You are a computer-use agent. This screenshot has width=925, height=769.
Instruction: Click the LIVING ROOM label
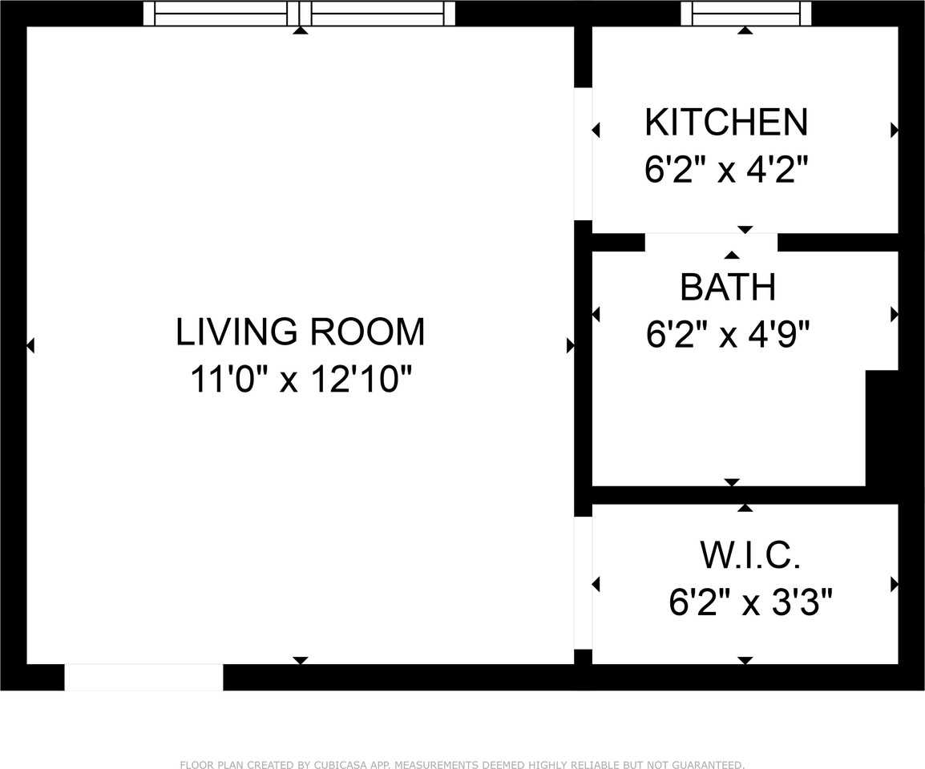tap(301, 332)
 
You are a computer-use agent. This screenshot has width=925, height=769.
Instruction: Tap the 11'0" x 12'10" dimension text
tap(301, 379)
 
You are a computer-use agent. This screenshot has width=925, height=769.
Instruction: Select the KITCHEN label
tap(726, 122)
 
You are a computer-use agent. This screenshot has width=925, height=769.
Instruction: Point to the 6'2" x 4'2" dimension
tap(725, 170)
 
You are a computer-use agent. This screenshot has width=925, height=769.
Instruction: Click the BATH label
tap(728, 288)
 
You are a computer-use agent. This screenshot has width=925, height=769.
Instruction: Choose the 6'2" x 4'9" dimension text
tap(728, 335)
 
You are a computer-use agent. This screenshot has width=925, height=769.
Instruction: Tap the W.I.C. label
tap(750, 555)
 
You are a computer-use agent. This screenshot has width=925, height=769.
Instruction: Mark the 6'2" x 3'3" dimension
tap(750, 602)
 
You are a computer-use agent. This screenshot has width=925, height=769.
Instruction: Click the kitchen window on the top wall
tap(746, 13)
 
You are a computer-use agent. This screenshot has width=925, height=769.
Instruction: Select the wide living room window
tap(300, 13)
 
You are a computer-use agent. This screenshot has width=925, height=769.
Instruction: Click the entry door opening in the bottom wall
tap(144, 677)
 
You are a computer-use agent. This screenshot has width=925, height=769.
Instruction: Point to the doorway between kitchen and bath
tap(711, 242)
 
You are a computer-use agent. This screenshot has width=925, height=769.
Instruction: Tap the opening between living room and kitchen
tap(584, 154)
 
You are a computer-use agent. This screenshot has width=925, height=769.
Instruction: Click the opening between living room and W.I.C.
tap(584, 582)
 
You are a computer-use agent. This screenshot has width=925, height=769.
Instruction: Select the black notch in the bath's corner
tap(882, 429)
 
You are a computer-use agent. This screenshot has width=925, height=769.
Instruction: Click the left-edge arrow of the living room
tap(30, 345)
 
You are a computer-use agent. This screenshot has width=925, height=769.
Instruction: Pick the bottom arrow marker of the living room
tap(301, 661)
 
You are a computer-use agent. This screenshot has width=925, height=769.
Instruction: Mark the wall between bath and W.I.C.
tap(745, 495)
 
